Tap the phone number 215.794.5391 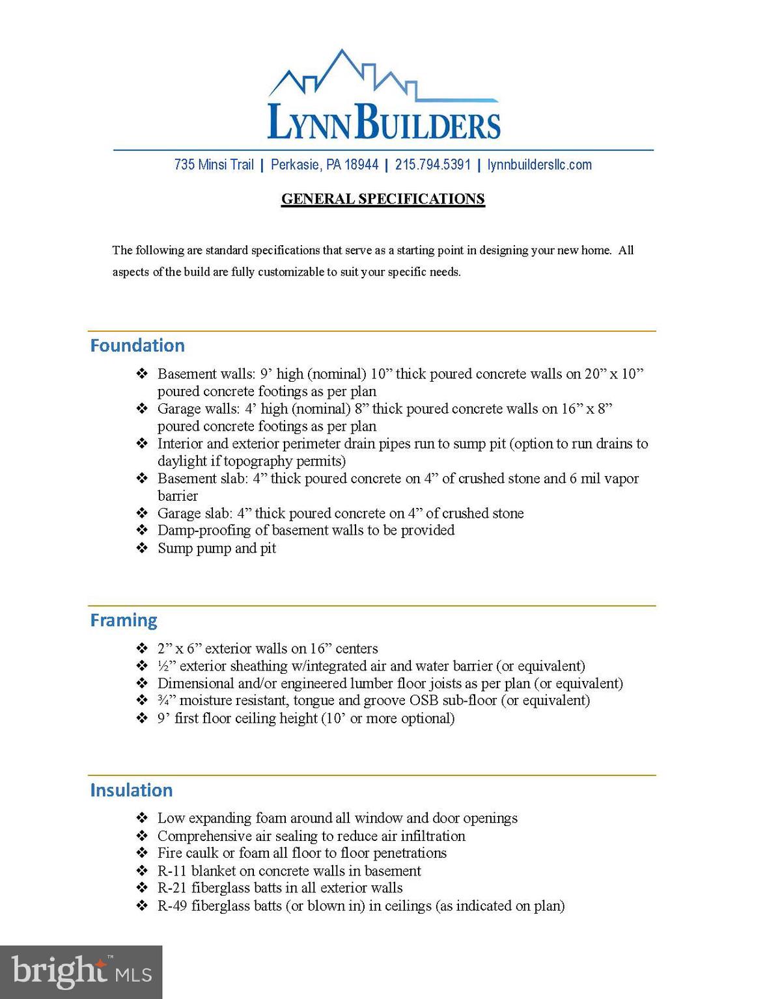[432, 165]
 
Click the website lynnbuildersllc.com [539, 165]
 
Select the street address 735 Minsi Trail [214, 165]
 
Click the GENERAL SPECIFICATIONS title [383, 199]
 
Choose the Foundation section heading [137, 345]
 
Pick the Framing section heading [124, 620]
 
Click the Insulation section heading [132, 790]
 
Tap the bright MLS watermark [81, 972]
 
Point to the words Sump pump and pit [217, 548]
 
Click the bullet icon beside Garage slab [142, 513]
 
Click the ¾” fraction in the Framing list [166, 700]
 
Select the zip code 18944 [361, 165]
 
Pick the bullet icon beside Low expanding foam [142, 818]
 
